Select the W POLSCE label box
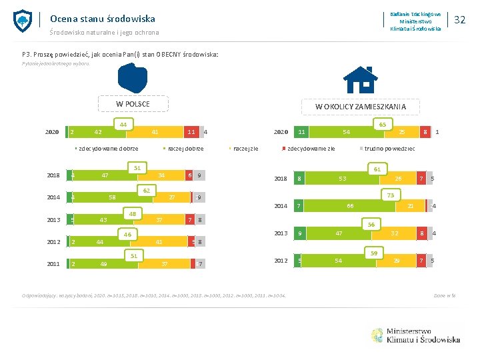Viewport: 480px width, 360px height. (133, 104)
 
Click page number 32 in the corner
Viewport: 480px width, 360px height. (459, 20)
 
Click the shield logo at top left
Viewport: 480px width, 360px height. (23, 21)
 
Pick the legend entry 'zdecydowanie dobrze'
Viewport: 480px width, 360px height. (107, 149)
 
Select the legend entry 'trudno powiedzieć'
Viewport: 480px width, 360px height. (387, 149)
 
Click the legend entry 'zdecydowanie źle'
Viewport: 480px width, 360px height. (309, 149)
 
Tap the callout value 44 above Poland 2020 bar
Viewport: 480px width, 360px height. (123, 124)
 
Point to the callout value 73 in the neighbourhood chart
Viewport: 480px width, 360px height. (390, 195)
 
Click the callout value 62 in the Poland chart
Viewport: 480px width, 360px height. (145, 191)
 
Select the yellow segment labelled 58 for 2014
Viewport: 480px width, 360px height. (112, 198)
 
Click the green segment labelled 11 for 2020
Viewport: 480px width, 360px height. (303, 132)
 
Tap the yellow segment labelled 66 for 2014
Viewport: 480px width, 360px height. (349, 207)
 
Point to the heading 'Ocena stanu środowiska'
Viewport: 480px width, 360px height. (103, 19)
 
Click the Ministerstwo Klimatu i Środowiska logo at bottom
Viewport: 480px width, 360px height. (414, 335)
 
